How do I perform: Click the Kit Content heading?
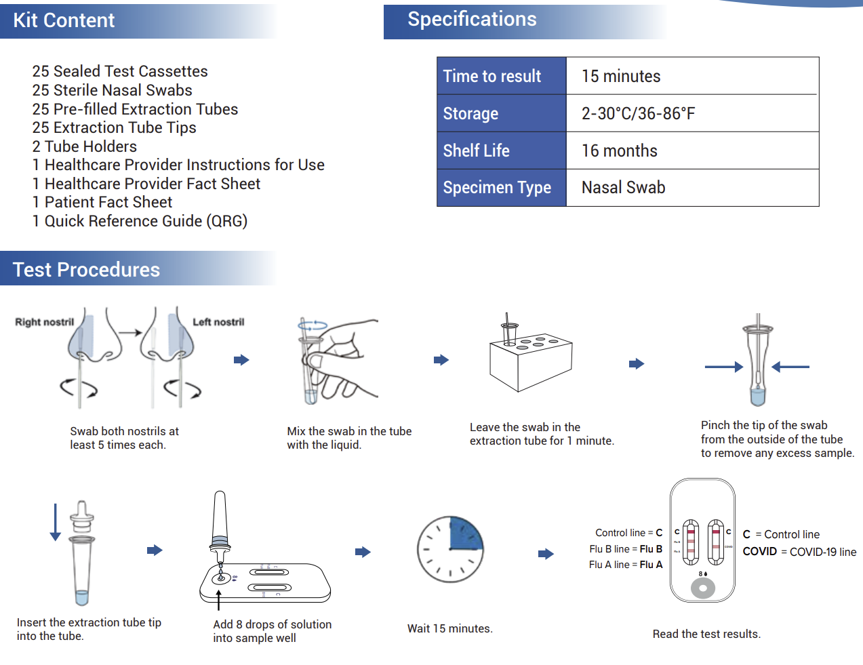[x=64, y=20]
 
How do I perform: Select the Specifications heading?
[x=472, y=20]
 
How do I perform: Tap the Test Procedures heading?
[x=86, y=270]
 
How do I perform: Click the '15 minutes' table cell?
[x=621, y=77]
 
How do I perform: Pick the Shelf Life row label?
[x=477, y=150]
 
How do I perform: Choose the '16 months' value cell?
[x=620, y=150]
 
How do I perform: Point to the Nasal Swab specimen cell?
[x=623, y=188]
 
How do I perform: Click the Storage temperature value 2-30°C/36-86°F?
[x=638, y=113]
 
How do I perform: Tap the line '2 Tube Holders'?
[x=85, y=146]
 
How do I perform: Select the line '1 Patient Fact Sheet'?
[x=102, y=202]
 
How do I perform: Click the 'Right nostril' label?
[x=45, y=322]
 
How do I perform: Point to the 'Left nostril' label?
[x=218, y=322]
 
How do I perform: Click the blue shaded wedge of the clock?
[x=465, y=533]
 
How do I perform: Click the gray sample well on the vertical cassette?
[x=703, y=588]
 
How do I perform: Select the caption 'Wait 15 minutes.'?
[x=449, y=628]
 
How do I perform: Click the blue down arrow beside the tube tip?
[x=56, y=522]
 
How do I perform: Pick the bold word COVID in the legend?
[x=759, y=552]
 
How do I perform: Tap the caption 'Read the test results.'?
[x=706, y=634]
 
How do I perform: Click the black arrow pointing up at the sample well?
[x=219, y=599]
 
